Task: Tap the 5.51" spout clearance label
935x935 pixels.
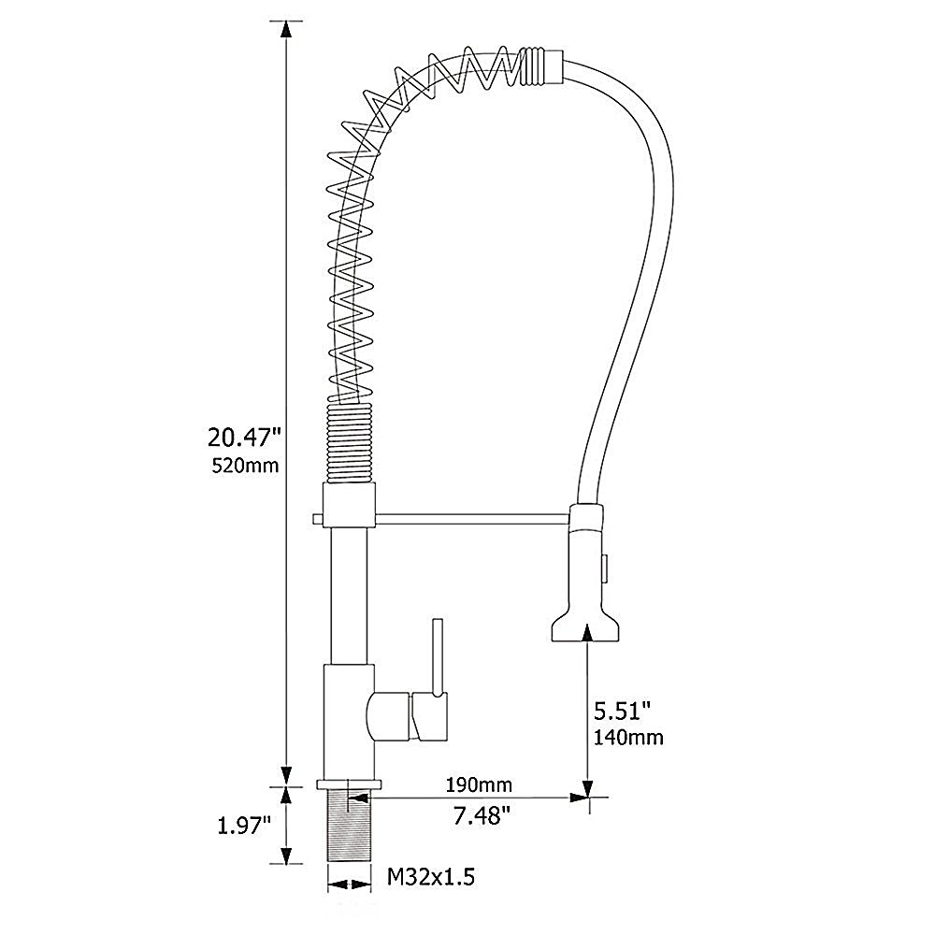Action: [621, 712]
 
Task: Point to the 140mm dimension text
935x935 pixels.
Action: [628, 738]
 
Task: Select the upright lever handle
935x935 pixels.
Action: [436, 655]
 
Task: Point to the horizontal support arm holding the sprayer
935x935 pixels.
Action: [467, 517]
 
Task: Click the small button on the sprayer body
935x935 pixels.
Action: [606, 566]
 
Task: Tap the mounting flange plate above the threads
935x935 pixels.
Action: [350, 784]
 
